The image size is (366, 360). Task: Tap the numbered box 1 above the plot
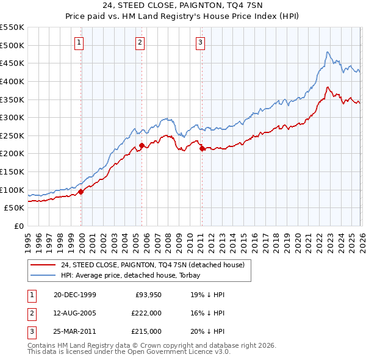(x=80, y=42)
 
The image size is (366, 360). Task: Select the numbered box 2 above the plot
(x=140, y=42)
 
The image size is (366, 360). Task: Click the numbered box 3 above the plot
(x=200, y=42)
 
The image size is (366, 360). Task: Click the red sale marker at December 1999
(x=81, y=192)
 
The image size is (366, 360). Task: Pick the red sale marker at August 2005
(x=142, y=145)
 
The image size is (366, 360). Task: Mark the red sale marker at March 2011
(x=202, y=148)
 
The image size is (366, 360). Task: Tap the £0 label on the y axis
(x=18, y=226)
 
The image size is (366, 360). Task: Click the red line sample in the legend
(x=43, y=265)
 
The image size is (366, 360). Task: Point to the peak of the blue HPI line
(x=328, y=52)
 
